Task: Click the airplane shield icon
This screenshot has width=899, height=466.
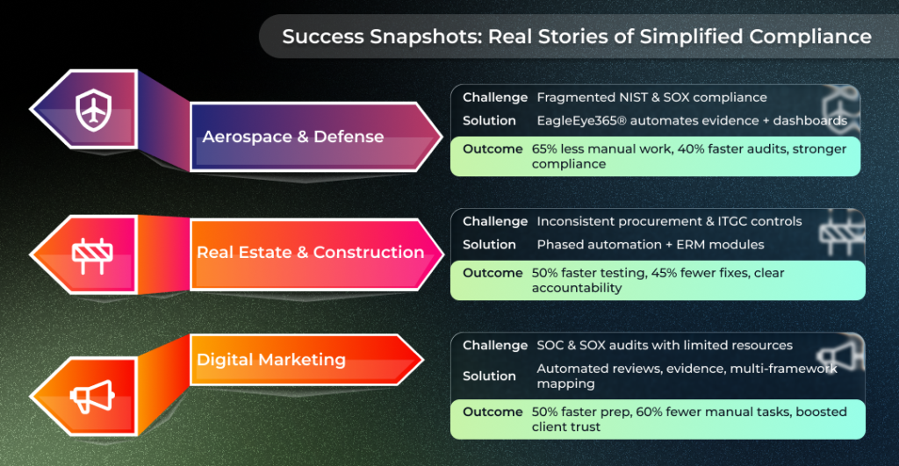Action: [x=92, y=109]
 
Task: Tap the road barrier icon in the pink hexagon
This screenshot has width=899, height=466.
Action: [x=92, y=254]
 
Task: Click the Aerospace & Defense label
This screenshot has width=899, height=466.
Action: [x=292, y=136]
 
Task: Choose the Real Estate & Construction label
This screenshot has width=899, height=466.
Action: [x=310, y=252]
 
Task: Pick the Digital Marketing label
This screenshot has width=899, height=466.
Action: [x=270, y=360]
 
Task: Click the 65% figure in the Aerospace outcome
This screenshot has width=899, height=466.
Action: [x=546, y=149]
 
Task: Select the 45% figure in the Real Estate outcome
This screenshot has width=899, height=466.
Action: [x=665, y=273]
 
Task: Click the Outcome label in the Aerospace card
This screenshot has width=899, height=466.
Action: [x=493, y=149]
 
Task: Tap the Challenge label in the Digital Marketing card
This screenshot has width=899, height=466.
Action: [x=495, y=345]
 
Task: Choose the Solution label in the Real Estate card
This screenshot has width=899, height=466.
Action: [x=489, y=244]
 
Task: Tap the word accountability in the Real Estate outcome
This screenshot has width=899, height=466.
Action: [x=577, y=288]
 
